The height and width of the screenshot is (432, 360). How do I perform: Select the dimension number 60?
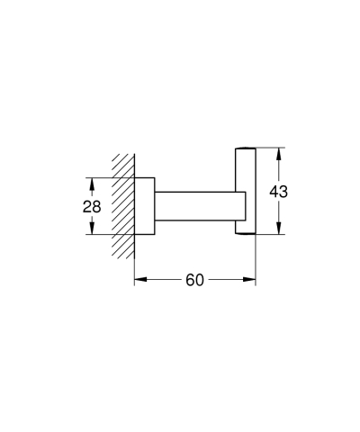click(x=194, y=280)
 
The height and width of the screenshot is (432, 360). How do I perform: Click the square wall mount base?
click(x=144, y=206)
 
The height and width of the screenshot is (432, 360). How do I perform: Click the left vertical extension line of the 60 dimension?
click(x=134, y=261)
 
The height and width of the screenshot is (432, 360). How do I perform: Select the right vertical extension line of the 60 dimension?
click(x=256, y=261)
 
